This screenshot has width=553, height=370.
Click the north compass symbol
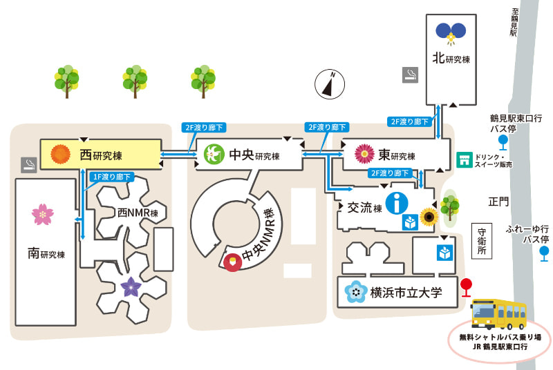330,84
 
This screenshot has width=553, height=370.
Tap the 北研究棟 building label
451,58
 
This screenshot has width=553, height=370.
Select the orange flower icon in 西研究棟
61,154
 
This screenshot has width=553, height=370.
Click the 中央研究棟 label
254,155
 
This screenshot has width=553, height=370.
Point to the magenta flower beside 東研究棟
364,154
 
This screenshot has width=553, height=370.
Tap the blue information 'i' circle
397,203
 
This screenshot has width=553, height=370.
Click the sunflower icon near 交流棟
429,217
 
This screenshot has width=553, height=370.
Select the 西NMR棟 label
138,213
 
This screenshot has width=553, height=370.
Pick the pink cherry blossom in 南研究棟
43,215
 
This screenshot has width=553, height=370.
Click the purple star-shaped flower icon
131,287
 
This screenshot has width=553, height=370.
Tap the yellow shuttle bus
499,314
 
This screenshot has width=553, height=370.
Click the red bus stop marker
466,288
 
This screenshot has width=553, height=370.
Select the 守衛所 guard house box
482,241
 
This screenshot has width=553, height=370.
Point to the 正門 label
498,202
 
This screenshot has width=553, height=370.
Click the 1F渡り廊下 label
112,177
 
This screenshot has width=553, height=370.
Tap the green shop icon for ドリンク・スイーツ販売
465,160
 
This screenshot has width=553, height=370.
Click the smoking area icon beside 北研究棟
410,75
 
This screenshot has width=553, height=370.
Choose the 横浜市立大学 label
406,293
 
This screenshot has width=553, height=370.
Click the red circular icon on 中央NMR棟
233,262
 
